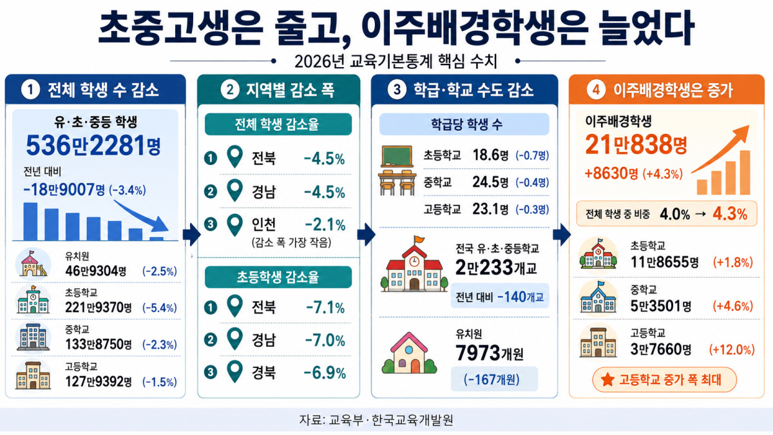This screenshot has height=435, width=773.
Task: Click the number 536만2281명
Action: (93, 146)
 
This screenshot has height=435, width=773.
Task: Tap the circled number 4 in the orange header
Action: (596, 90)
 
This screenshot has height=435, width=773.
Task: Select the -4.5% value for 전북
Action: (324, 159)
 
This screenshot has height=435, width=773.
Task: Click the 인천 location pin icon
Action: (235, 225)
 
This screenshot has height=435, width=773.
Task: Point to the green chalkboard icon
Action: (397, 156)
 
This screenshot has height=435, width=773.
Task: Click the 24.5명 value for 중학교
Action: (490, 182)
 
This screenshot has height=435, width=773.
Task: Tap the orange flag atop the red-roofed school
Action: (419, 239)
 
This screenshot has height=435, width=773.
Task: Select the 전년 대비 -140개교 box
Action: (500, 296)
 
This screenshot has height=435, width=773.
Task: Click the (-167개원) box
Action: (494, 379)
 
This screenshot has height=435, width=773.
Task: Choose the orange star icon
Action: (607, 380)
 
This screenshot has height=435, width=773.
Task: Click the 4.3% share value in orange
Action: (730, 214)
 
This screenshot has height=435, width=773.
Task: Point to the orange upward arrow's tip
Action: (749, 126)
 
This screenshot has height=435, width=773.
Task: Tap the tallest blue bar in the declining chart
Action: (30, 221)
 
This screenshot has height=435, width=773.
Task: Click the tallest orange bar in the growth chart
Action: (745, 173)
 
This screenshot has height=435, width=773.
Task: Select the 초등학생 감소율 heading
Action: (278, 277)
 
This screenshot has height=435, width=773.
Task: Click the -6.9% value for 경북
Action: (325, 373)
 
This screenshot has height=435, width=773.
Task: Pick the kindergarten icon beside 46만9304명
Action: (33, 264)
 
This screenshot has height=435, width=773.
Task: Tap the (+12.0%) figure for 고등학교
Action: (732, 350)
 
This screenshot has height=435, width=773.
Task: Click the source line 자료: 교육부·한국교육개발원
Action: (376, 420)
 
